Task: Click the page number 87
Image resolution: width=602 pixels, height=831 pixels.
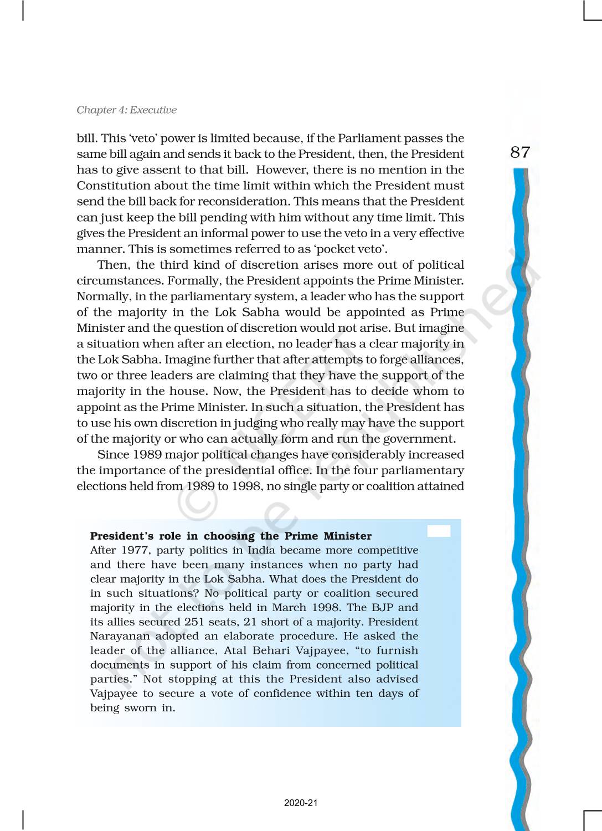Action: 520,152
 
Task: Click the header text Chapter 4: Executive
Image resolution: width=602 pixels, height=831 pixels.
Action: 126,110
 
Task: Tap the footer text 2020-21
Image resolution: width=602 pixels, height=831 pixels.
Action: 301,803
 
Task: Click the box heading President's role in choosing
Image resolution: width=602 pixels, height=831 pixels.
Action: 230,536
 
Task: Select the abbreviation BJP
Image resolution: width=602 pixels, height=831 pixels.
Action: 379,607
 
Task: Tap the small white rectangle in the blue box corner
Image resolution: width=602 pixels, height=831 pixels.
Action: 439,531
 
